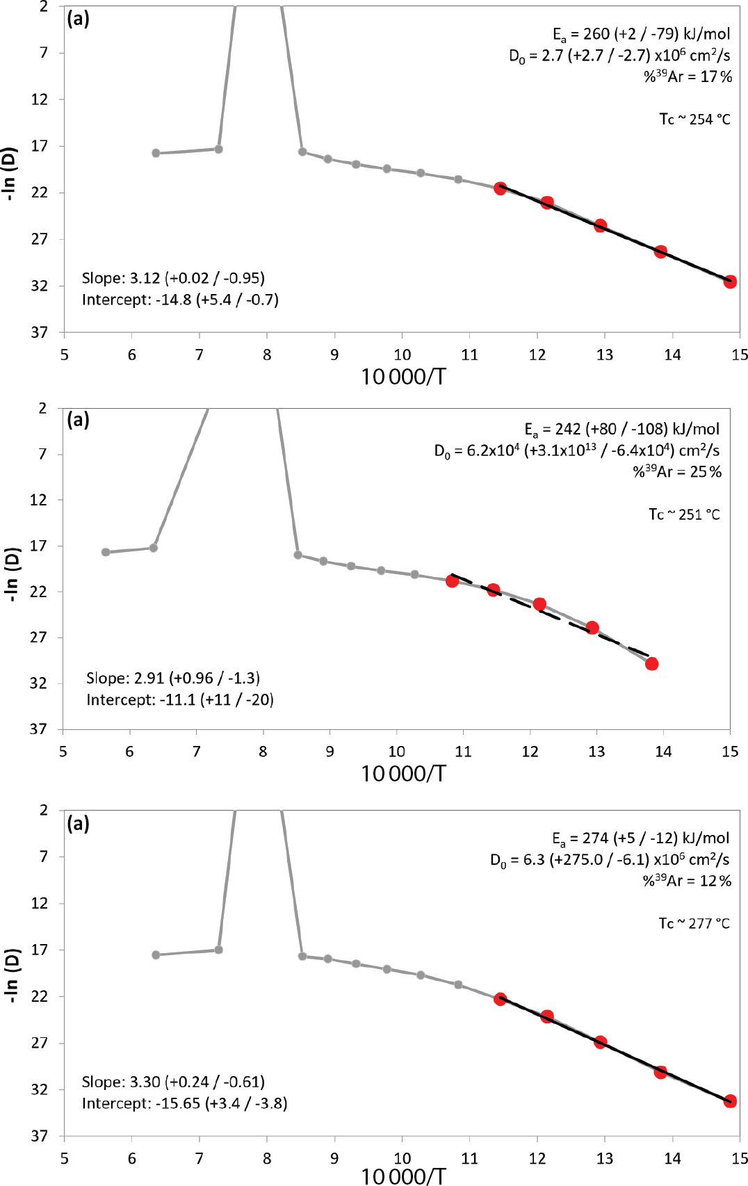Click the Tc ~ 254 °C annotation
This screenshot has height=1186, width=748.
[694, 120]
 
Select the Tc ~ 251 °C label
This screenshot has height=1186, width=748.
[684, 514]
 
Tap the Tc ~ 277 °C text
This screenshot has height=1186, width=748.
[694, 923]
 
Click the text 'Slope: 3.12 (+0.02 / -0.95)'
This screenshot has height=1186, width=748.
[173, 278]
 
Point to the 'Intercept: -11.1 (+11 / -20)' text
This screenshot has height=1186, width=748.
[179, 699]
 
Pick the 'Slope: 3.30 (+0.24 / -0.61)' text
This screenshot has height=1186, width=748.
[173, 1082]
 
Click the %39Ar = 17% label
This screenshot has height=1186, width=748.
[688, 76]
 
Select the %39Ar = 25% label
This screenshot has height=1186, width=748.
[676, 471]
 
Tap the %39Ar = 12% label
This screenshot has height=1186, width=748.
[687, 880]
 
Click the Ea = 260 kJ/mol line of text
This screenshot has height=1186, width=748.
[641, 34]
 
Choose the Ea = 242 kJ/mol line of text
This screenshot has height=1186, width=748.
[621, 429]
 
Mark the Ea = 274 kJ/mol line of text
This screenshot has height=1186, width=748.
[640, 838]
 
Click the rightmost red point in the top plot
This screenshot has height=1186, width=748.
[729, 282]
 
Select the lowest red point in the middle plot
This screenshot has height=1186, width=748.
[651, 664]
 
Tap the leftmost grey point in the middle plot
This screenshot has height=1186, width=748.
[106, 552]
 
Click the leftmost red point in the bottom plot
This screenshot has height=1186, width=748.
[500, 999]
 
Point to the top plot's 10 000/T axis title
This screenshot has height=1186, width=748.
[403, 377]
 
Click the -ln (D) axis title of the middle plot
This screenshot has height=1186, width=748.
[12, 574]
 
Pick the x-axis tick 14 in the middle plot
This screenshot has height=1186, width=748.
[663, 751]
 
